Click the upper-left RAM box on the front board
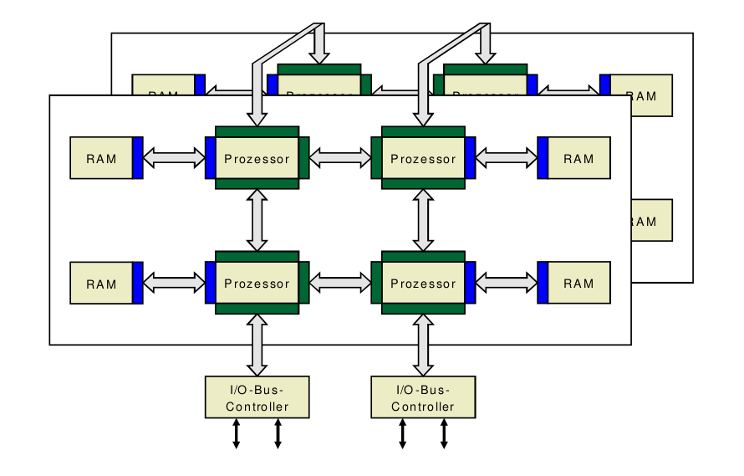(101, 157)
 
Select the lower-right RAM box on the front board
(578, 283)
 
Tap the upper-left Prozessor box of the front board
(257, 157)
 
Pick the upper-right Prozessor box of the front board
(423, 157)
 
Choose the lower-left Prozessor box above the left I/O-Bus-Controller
(257, 283)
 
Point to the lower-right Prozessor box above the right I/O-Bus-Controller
(423, 283)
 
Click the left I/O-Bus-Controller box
(257, 397)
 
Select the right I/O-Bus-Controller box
(423, 397)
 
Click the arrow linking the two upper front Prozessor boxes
(340, 157)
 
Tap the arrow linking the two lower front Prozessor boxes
(340, 283)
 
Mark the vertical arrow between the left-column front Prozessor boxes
(257, 220)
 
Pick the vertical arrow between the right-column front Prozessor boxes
(424, 220)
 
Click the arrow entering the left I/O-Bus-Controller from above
(257, 345)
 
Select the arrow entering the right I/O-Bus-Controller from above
(424, 345)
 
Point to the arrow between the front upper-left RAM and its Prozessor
(174, 157)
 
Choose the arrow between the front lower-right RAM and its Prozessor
(507, 283)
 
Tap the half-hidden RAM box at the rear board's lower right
(651, 220)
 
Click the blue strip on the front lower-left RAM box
(138, 283)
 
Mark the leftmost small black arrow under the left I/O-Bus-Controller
(236, 433)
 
